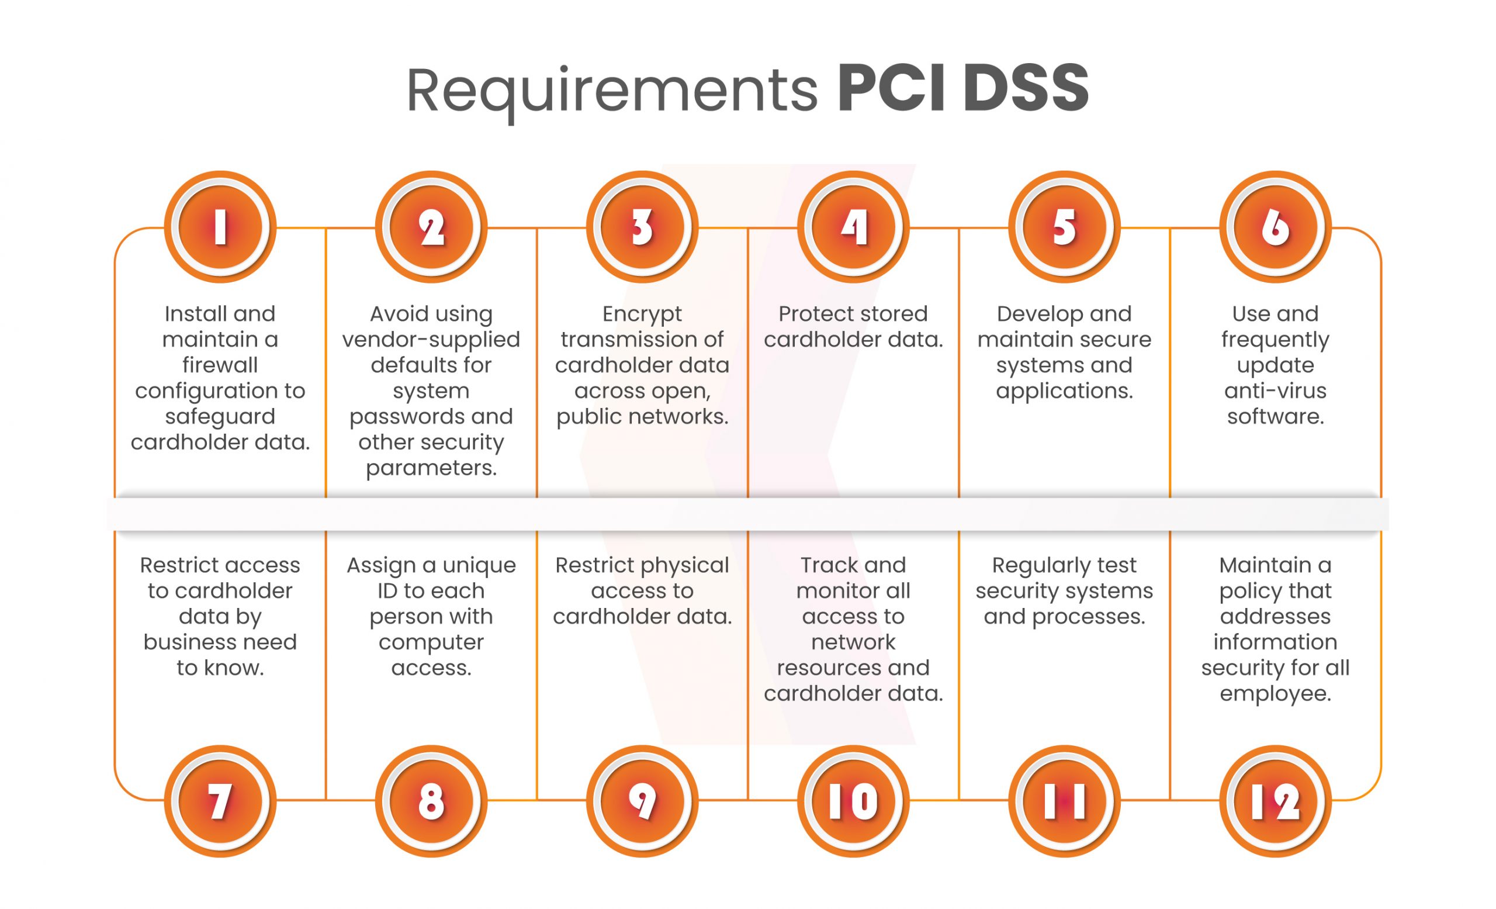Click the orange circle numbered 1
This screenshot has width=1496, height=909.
pyautogui.click(x=220, y=227)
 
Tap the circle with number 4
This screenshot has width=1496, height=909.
pyautogui.click(x=853, y=227)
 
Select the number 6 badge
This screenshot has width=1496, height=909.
pyautogui.click(x=1275, y=227)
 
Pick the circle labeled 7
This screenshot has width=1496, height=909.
pyautogui.click(x=220, y=801)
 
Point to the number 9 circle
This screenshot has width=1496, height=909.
pyautogui.click(x=642, y=801)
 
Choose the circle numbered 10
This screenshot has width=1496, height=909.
pyautogui.click(x=853, y=801)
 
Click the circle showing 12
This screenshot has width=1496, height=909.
pyautogui.click(x=1275, y=801)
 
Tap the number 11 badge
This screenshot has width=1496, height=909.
pyautogui.click(x=1064, y=801)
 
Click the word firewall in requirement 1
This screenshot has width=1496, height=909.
pyautogui.click(x=220, y=365)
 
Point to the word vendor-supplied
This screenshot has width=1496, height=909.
pyautogui.click(x=431, y=340)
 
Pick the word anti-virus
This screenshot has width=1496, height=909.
pyautogui.click(x=1275, y=390)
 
